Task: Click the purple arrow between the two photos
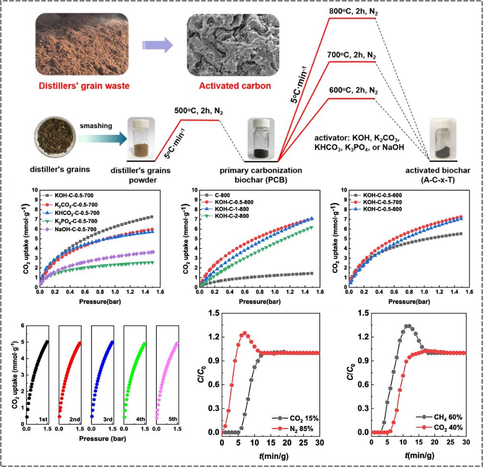157,45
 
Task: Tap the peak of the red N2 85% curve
245,333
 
